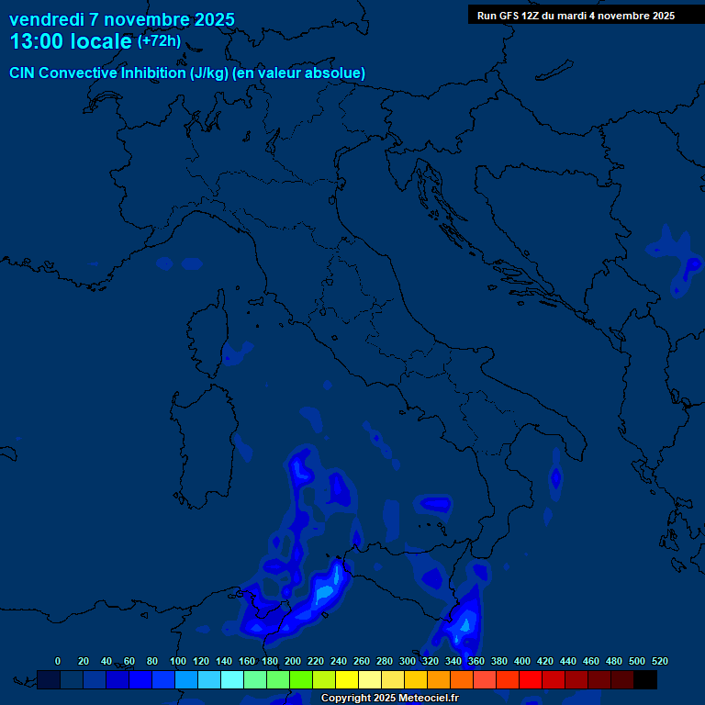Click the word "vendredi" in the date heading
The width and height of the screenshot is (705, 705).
pos(47,19)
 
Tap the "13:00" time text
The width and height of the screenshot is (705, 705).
pos(36,42)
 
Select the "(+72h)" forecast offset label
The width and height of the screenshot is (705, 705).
pos(159,41)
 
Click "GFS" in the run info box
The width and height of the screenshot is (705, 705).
pos(510,16)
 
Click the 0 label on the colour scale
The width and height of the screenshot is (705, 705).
pos(58,661)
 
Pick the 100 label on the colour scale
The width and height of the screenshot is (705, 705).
pos(178,661)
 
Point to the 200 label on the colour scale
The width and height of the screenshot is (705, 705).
pos(293,661)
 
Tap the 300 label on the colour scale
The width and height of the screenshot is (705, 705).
pos(408,661)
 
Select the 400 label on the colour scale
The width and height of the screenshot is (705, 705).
pos(522,661)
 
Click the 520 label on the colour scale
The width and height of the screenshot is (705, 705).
pos(659,661)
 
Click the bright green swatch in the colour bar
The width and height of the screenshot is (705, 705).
pos(301,679)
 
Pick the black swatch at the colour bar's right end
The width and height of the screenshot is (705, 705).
pos(645,679)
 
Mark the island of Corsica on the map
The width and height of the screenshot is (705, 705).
pos(207,335)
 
